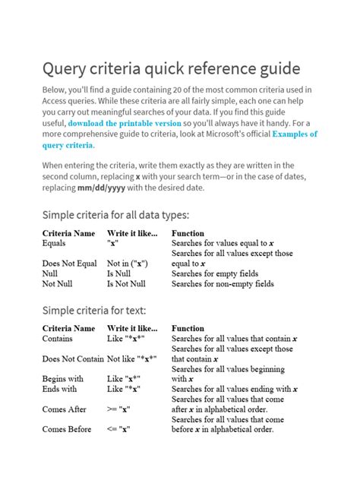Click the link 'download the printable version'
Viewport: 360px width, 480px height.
(124, 123)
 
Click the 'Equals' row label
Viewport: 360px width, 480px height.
(54, 243)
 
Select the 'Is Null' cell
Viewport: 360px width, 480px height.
(118, 273)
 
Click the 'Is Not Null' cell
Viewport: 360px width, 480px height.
(125, 284)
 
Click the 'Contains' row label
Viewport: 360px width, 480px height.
(58, 339)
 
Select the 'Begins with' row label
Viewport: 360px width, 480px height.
(63, 379)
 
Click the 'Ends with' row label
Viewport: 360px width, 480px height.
(59, 389)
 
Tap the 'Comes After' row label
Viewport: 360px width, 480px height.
(65, 409)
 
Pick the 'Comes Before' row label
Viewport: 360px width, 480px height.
(67, 429)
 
